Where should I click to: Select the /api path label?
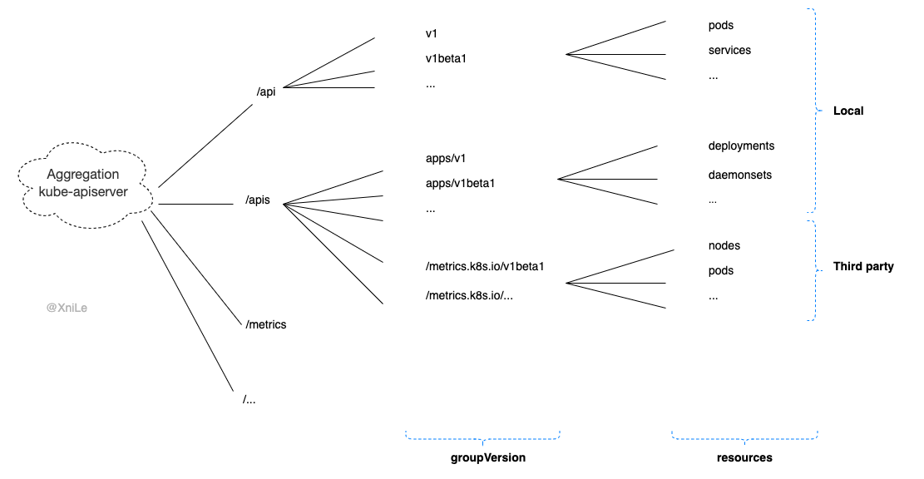click(x=267, y=91)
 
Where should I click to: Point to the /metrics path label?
click(x=266, y=324)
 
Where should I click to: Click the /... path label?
click(x=250, y=399)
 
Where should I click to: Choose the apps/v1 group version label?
click(x=442, y=158)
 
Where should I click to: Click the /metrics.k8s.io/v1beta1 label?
click(x=484, y=266)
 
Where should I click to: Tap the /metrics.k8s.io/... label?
click(x=469, y=295)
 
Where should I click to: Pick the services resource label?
click(x=729, y=51)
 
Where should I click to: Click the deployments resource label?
click(x=741, y=146)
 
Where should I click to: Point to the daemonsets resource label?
click(x=739, y=175)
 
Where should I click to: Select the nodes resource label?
click(x=724, y=246)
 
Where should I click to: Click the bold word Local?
click(x=849, y=111)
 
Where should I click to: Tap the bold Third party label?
click(x=863, y=267)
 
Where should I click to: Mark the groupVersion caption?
click(x=488, y=458)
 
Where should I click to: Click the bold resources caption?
click(x=744, y=458)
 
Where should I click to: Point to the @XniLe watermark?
click(x=67, y=308)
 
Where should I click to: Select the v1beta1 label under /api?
click(x=448, y=59)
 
